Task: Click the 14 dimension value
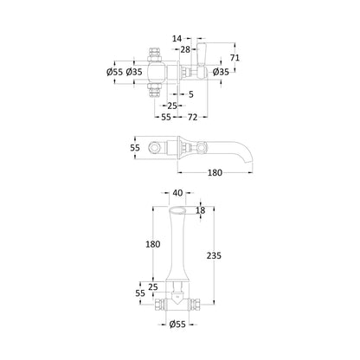(177, 38)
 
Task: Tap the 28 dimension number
(185, 49)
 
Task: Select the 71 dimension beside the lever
(235, 58)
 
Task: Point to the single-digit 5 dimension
(191, 94)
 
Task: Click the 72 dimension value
(192, 117)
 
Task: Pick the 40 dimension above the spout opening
(178, 193)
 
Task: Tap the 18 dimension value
(201, 210)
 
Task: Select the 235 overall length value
(214, 255)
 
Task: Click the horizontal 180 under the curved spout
(215, 173)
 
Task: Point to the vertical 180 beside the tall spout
(152, 244)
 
